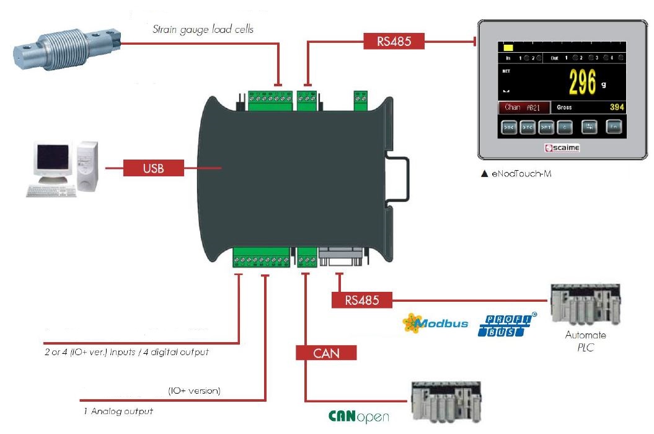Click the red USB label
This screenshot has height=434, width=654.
(154, 168)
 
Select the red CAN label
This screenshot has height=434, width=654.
(326, 353)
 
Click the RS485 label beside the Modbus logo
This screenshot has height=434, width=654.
(362, 301)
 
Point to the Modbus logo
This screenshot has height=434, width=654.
(436, 323)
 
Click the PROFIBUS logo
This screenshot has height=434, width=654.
(508, 325)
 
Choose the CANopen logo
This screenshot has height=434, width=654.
(358, 416)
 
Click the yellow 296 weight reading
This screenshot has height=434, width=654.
(582, 83)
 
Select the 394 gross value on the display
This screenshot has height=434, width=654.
(616, 107)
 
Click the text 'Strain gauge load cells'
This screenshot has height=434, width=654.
(203, 29)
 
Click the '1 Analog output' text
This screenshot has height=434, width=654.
(118, 411)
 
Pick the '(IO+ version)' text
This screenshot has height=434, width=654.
(194, 391)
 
